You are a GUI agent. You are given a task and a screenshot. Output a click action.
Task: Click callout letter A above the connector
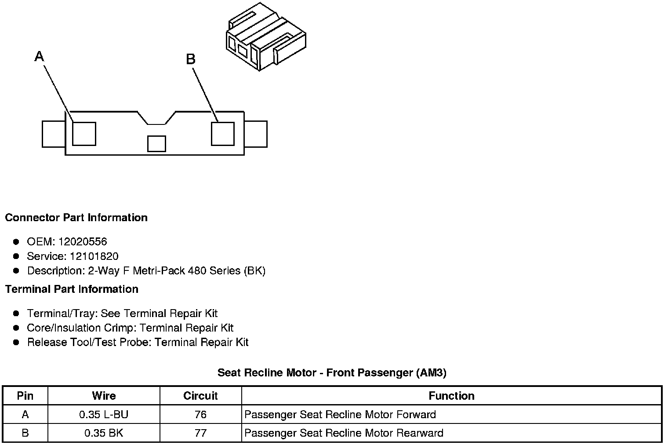40,56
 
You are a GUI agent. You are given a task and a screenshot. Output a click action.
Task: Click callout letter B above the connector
190,59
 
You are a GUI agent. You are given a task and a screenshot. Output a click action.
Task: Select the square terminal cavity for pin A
84,133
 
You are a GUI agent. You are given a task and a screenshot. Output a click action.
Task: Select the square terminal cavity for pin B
222,133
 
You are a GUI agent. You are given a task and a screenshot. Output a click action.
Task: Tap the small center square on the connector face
156,144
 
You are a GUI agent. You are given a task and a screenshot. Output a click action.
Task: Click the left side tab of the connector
54,134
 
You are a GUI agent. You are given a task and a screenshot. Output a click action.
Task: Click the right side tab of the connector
256,134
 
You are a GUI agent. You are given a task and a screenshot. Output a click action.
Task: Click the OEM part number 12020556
83,242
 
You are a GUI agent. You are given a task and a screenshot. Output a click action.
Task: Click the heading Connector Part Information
76,218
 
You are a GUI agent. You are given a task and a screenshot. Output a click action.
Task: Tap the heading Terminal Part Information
72,289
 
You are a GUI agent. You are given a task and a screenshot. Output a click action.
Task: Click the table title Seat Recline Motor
332,373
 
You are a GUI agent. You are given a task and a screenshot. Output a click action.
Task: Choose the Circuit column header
200,396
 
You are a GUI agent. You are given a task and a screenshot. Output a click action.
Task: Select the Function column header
451,396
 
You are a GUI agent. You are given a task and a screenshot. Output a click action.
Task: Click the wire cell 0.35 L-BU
104,415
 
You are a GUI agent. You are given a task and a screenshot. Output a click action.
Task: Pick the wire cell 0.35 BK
104,433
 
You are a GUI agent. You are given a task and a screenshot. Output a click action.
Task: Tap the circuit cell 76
200,415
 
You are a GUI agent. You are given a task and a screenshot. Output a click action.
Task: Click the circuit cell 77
200,433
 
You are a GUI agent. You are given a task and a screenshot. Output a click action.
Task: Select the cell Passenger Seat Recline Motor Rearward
344,433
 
